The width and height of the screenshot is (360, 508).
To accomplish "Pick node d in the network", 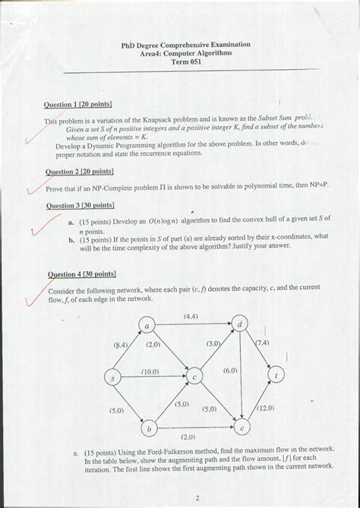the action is pos(240,325).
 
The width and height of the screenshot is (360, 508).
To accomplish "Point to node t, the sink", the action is pos(278,375).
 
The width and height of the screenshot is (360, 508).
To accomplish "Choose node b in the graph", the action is pos(150,430).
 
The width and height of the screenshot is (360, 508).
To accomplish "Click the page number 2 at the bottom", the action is pos(196,499).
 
